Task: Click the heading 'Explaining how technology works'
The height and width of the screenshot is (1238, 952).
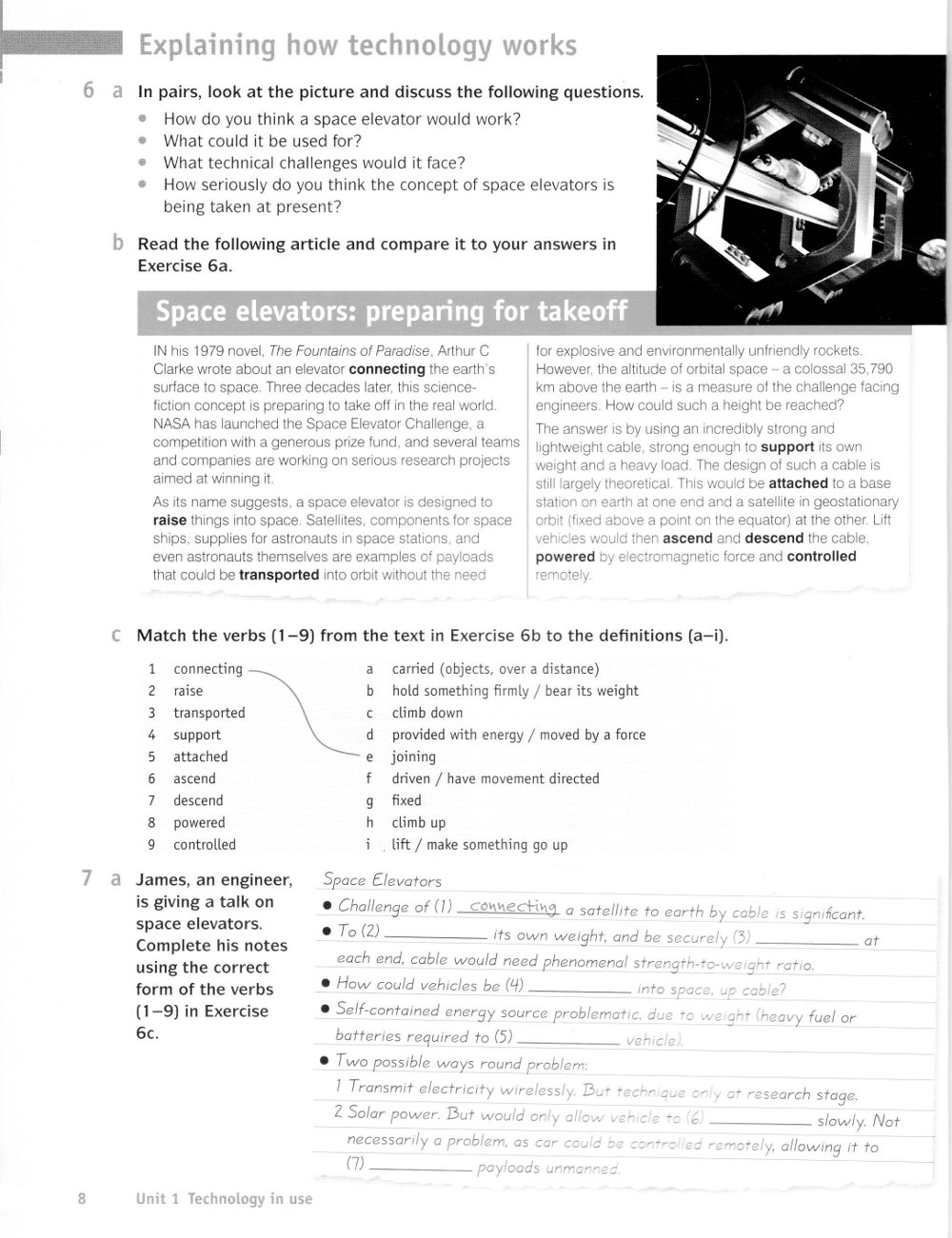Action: click(357, 46)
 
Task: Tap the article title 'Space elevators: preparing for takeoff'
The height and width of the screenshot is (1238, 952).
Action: click(391, 311)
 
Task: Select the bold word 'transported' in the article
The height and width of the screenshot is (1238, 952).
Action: click(279, 575)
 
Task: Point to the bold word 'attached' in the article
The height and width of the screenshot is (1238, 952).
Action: click(798, 483)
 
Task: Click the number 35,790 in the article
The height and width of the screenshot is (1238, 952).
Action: click(869, 369)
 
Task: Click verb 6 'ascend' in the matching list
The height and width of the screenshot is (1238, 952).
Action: click(194, 778)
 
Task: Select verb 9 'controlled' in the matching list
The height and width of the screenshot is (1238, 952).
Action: click(205, 844)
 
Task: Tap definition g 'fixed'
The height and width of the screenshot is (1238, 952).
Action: click(407, 800)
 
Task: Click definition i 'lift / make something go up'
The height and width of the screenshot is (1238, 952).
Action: click(479, 844)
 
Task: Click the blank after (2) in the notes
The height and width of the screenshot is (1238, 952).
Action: click(438, 935)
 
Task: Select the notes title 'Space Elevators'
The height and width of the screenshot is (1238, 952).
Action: click(383, 881)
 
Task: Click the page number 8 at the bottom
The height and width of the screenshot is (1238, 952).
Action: click(82, 1199)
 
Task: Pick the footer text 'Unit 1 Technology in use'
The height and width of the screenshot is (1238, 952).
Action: click(224, 1199)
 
